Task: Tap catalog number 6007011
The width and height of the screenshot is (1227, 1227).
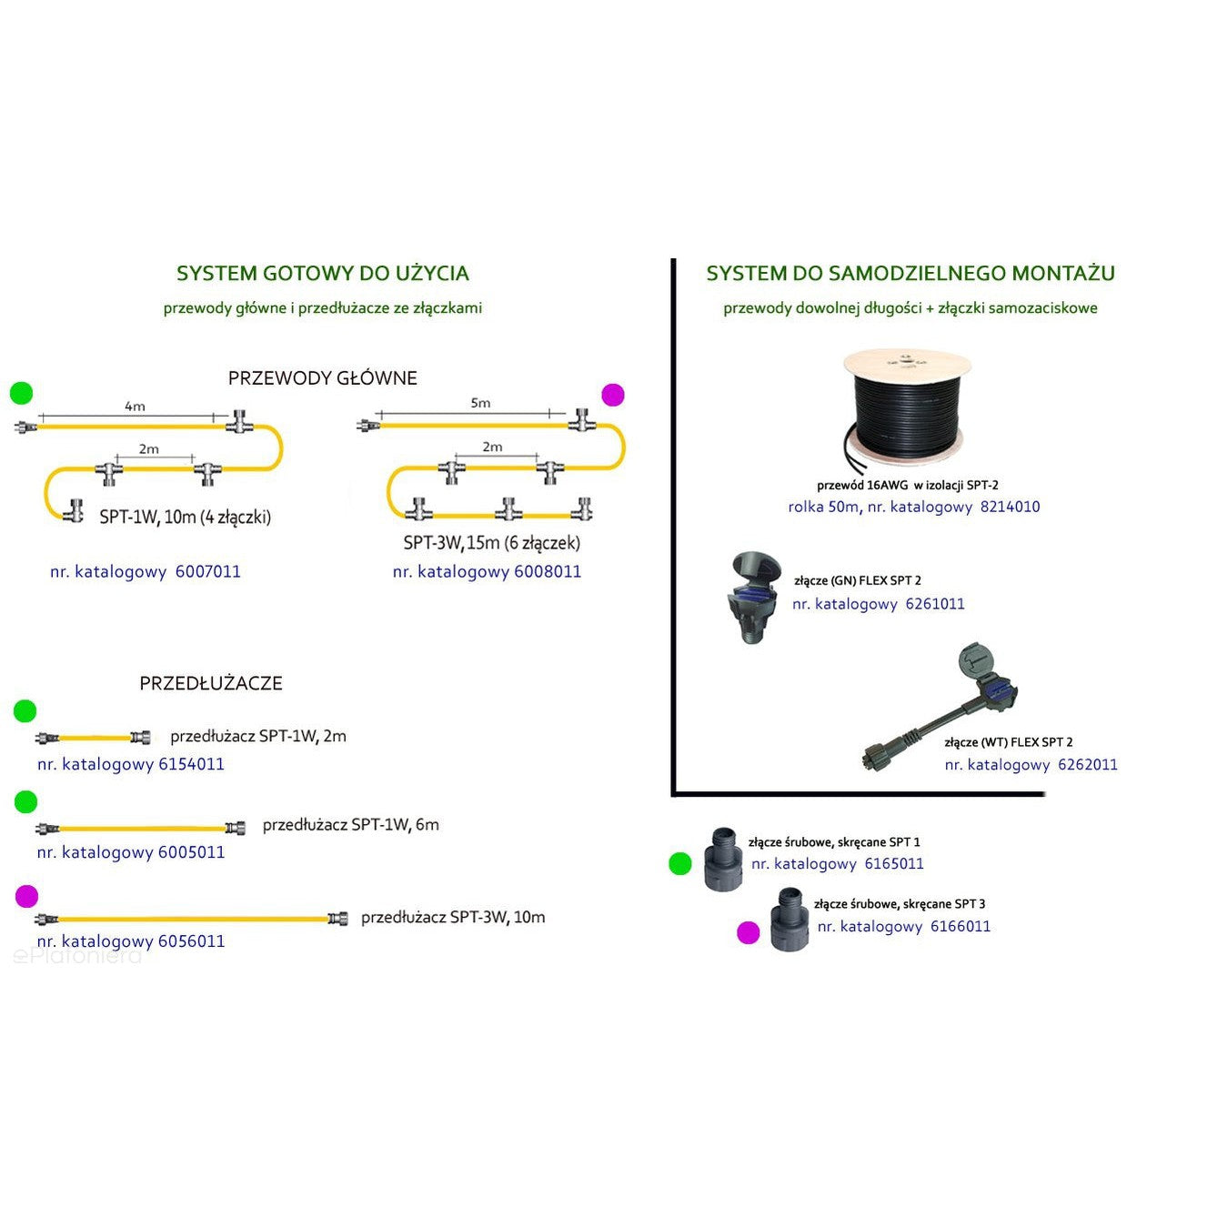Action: [x=146, y=572]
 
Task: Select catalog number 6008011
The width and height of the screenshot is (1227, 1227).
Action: [x=487, y=572]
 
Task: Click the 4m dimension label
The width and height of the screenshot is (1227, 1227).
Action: [x=135, y=407]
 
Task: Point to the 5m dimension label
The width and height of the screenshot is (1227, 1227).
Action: [x=480, y=403]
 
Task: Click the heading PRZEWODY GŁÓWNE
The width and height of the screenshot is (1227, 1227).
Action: [x=322, y=378]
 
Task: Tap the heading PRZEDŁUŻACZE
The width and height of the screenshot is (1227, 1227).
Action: [x=211, y=683]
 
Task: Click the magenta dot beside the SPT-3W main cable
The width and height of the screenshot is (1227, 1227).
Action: [x=613, y=395]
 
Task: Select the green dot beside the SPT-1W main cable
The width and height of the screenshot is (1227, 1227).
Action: [x=21, y=393]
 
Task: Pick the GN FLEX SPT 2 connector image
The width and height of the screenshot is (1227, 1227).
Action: [x=753, y=596]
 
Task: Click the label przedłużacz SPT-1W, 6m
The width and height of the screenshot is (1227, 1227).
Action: [x=350, y=825]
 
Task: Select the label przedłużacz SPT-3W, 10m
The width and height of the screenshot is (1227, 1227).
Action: [x=453, y=917]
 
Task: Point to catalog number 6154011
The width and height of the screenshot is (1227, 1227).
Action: [x=131, y=764]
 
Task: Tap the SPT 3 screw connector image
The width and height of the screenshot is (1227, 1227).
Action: [x=789, y=921]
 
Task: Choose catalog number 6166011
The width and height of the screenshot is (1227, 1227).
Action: [x=904, y=926]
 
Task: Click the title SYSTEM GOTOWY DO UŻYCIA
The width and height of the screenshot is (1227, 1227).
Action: [x=323, y=273]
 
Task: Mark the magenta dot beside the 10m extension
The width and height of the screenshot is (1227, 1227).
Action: [x=27, y=896]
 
